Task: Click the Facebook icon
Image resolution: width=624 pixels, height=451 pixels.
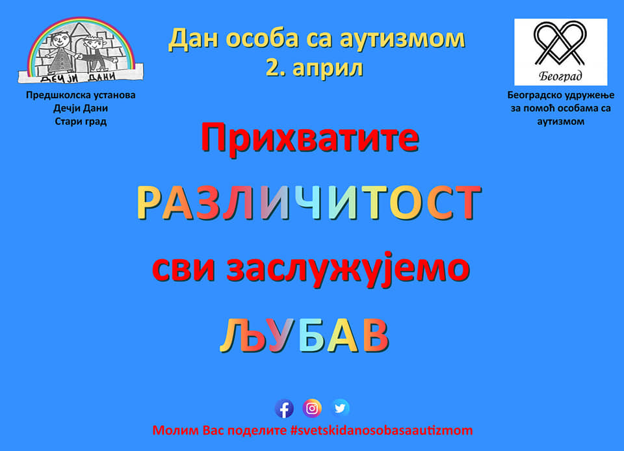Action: pyautogui.click(x=284, y=409)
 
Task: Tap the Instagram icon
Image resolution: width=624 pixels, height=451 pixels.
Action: pyautogui.click(x=312, y=408)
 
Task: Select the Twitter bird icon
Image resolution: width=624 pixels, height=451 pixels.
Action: pyautogui.click(x=340, y=408)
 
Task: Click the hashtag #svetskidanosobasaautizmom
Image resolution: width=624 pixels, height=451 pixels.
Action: pyautogui.click(x=382, y=431)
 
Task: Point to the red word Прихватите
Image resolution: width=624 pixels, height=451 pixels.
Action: pyautogui.click(x=310, y=138)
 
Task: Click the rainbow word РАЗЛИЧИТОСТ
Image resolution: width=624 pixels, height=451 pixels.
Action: pyautogui.click(x=309, y=203)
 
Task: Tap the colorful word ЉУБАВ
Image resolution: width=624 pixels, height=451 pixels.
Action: pyautogui.click(x=304, y=335)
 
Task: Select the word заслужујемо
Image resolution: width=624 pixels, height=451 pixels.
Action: pyautogui.click(x=348, y=269)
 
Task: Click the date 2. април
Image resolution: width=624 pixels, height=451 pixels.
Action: pyautogui.click(x=315, y=68)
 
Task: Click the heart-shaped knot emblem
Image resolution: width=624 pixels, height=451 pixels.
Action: pyautogui.click(x=560, y=44)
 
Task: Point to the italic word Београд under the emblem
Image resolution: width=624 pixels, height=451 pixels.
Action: pyautogui.click(x=560, y=75)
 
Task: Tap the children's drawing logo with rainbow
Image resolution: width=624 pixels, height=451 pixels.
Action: pyautogui.click(x=81, y=50)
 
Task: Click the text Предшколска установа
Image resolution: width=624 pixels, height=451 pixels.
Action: pyautogui.click(x=81, y=95)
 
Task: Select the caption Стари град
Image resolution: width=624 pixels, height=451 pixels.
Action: pyautogui.click(x=81, y=122)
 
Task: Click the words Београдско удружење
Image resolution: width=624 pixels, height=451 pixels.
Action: pyautogui.click(x=561, y=96)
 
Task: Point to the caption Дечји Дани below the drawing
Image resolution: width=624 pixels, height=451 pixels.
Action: pyautogui.click(x=81, y=108)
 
